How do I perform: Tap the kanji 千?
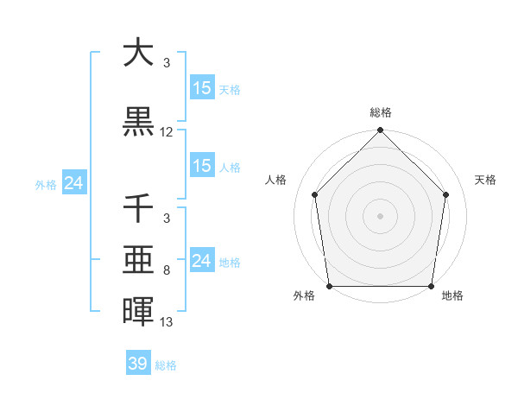[x=138, y=208]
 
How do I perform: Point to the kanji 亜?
[x=138, y=260]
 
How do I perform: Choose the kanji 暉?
[x=138, y=312]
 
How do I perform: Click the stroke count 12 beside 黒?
[x=167, y=132]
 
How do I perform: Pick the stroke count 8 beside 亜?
[x=167, y=270]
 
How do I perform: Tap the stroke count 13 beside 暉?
[x=167, y=322]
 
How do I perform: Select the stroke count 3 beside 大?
[x=167, y=62]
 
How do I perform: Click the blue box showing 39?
[x=138, y=364]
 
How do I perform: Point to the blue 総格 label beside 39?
[x=166, y=365]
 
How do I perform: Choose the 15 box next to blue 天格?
[x=202, y=87]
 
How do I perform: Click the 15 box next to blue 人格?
[x=202, y=166]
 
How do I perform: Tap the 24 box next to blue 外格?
[x=73, y=183]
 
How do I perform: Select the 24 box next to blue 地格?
[x=202, y=260]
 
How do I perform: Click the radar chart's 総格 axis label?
[x=380, y=112]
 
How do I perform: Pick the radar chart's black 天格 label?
[x=485, y=180]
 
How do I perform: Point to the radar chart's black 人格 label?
[x=275, y=180]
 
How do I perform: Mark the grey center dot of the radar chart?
[x=380, y=216]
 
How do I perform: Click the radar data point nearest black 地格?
[x=431, y=286]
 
